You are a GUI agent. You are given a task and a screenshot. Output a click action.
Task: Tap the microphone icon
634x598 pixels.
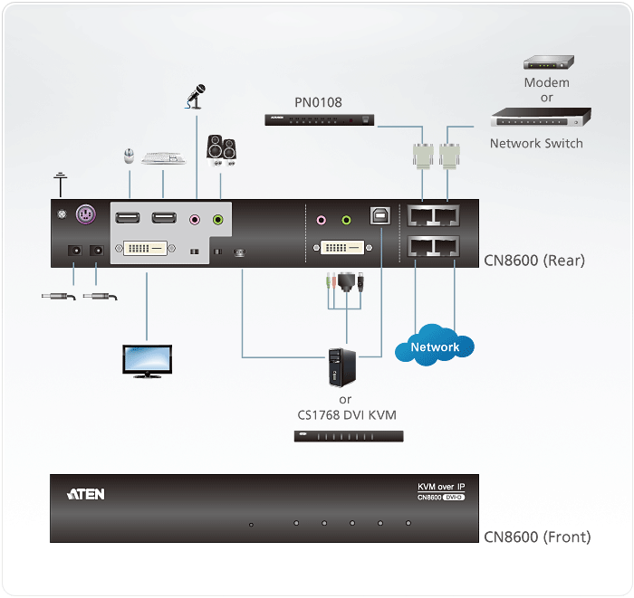[196, 95]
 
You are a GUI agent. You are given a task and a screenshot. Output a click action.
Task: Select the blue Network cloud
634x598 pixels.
[435, 346]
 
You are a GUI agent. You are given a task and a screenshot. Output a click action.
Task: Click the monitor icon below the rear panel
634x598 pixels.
[147, 359]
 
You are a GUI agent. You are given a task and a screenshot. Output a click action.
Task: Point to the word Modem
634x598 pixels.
[547, 82]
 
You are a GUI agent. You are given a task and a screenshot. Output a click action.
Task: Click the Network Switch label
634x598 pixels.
[536, 143]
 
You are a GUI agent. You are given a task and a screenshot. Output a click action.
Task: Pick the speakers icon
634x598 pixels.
[221, 149]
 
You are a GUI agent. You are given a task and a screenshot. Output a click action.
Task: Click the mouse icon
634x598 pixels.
[129, 157]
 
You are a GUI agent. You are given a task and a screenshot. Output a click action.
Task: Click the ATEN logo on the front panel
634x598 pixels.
[86, 494]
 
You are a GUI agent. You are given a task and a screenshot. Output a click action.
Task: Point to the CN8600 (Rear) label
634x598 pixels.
[533, 261]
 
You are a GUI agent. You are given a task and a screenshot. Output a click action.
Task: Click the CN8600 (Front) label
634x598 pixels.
[537, 536]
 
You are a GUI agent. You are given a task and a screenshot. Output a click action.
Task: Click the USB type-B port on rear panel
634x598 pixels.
[379, 217]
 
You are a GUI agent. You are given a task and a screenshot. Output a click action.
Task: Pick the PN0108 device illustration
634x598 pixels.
[318, 119]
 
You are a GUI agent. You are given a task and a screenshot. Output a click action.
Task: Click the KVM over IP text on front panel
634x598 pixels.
[441, 487]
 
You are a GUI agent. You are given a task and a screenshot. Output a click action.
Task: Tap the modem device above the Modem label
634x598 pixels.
[548, 62]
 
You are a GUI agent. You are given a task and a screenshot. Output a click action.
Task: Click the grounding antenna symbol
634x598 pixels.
[61, 183]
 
